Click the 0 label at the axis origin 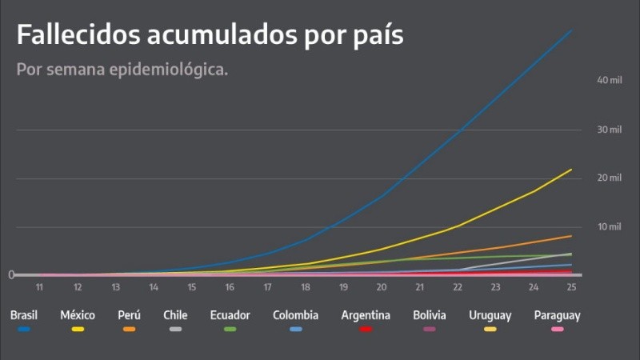click(11, 275)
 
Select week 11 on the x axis click(38, 286)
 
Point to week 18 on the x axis click(305, 286)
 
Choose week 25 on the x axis click(571, 286)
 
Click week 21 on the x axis click(419, 286)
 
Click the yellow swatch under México click(78, 329)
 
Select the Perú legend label click(129, 315)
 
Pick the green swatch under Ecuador click(230, 329)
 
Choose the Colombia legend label click(295, 315)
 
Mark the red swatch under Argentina click(365, 329)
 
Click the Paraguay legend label click(557, 315)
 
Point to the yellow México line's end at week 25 click(571, 169)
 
